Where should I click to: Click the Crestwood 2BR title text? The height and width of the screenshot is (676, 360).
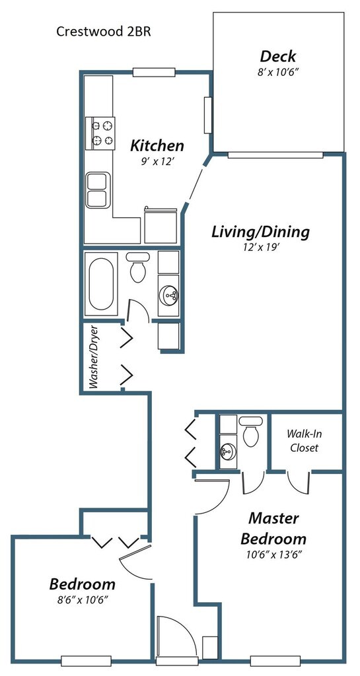pyautogui.click(x=104, y=32)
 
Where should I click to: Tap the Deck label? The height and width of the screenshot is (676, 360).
pyautogui.click(x=278, y=56)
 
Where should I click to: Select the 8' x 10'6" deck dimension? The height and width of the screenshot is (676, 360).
pyautogui.click(x=278, y=72)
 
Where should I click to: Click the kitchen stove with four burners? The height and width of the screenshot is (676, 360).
pyautogui.click(x=100, y=133)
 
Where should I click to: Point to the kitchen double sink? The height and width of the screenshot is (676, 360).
pyautogui.click(x=98, y=190)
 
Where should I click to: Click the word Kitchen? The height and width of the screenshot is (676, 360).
pyautogui.click(x=157, y=145)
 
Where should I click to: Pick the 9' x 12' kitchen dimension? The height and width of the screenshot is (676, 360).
pyautogui.click(x=157, y=161)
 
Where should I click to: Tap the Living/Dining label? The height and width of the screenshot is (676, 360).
pyautogui.click(x=260, y=232)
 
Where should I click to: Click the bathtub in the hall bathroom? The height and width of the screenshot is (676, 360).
pyautogui.click(x=101, y=284)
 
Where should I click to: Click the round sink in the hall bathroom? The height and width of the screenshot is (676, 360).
pyautogui.click(x=168, y=295)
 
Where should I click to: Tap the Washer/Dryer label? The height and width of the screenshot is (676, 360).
pyautogui.click(x=94, y=357)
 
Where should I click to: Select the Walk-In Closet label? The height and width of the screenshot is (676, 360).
pyautogui.click(x=304, y=440)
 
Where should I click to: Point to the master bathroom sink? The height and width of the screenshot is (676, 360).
pyautogui.click(x=228, y=451)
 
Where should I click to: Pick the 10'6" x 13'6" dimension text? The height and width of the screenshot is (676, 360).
pyautogui.click(x=273, y=555)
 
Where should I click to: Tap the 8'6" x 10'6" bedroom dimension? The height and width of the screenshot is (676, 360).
pyautogui.click(x=82, y=599)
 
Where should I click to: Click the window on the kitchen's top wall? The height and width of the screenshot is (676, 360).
pyautogui.click(x=153, y=72)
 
